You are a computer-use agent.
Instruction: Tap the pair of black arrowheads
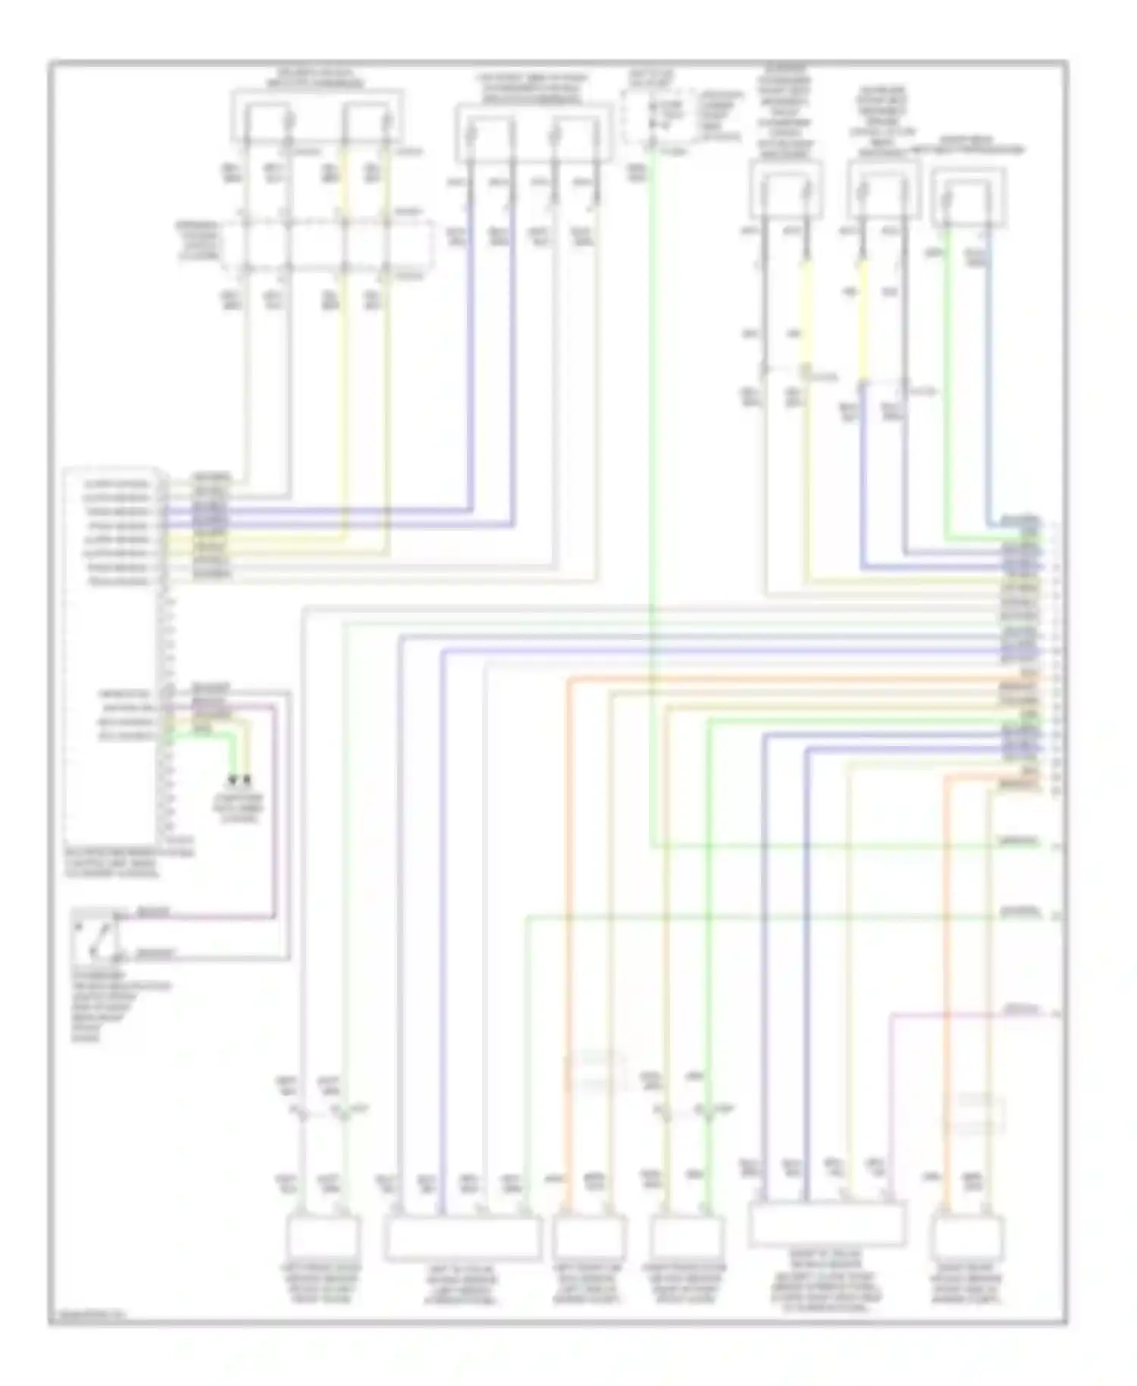coord(240,779)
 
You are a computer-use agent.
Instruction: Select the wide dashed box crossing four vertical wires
coord(334,246)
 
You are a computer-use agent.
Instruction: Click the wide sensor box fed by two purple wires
coord(826,1225)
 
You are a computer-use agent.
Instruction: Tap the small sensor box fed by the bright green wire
coord(685,1237)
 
